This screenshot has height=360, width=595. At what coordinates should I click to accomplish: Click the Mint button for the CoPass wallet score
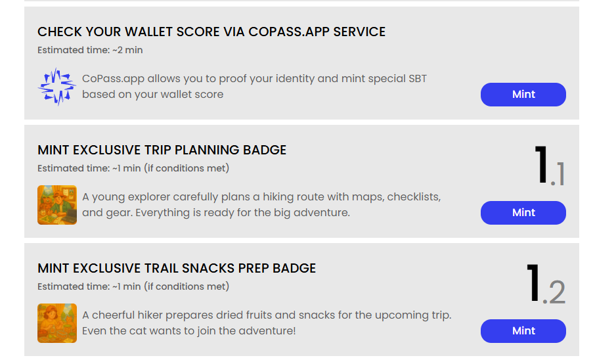[523, 95]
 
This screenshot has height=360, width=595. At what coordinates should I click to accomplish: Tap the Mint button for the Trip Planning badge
[523, 213]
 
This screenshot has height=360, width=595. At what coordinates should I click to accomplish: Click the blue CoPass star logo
[57, 87]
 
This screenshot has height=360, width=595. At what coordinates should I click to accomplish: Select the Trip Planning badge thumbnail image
[57, 205]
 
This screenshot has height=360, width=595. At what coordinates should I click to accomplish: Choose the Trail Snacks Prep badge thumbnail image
[57, 323]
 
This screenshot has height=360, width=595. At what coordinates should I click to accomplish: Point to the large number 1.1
[550, 166]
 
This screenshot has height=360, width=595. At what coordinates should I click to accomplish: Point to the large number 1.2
[546, 284]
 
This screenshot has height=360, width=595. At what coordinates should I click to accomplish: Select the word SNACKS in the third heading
[208, 269]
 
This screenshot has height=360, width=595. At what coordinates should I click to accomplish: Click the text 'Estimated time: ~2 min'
[90, 50]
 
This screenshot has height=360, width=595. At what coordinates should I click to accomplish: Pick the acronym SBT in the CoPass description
[418, 79]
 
